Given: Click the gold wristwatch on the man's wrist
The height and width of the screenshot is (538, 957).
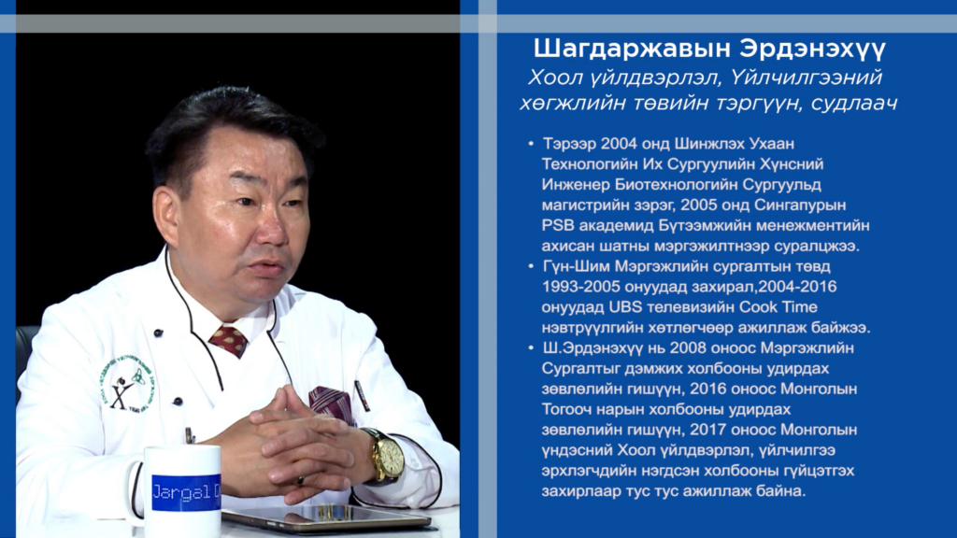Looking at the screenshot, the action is tap(386, 457).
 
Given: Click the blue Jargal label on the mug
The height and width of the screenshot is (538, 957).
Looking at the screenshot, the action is tap(186, 492).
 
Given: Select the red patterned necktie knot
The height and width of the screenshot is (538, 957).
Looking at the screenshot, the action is tap(228, 341).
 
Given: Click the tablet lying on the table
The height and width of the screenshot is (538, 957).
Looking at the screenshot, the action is tap(325, 517).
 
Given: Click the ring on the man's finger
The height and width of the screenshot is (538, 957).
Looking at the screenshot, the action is tap(300, 481).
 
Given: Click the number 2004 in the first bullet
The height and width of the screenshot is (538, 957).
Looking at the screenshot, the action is tap(619, 144).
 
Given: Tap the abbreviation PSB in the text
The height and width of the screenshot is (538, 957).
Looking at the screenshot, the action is tap(558, 226).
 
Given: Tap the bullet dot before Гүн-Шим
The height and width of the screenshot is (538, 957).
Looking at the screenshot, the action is tap(531, 266).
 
